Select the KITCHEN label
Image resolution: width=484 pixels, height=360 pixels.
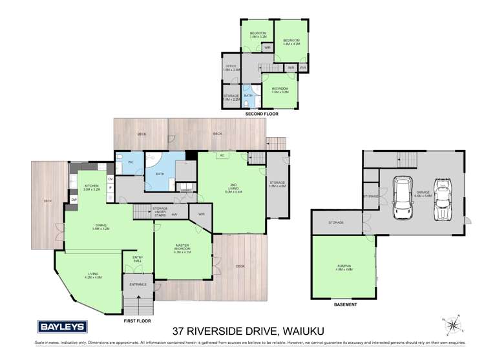click(x=92, y=187)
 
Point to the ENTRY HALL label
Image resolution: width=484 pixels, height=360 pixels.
click(x=137, y=259)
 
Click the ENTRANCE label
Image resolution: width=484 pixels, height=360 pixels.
click(x=138, y=284)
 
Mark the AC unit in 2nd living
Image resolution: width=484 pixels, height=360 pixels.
click(x=221, y=155)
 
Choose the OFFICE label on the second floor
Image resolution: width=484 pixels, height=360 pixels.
click(x=231, y=67)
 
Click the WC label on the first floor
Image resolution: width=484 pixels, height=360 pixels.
click(x=131, y=162)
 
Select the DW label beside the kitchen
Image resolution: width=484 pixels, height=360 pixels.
click(x=74, y=200)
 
